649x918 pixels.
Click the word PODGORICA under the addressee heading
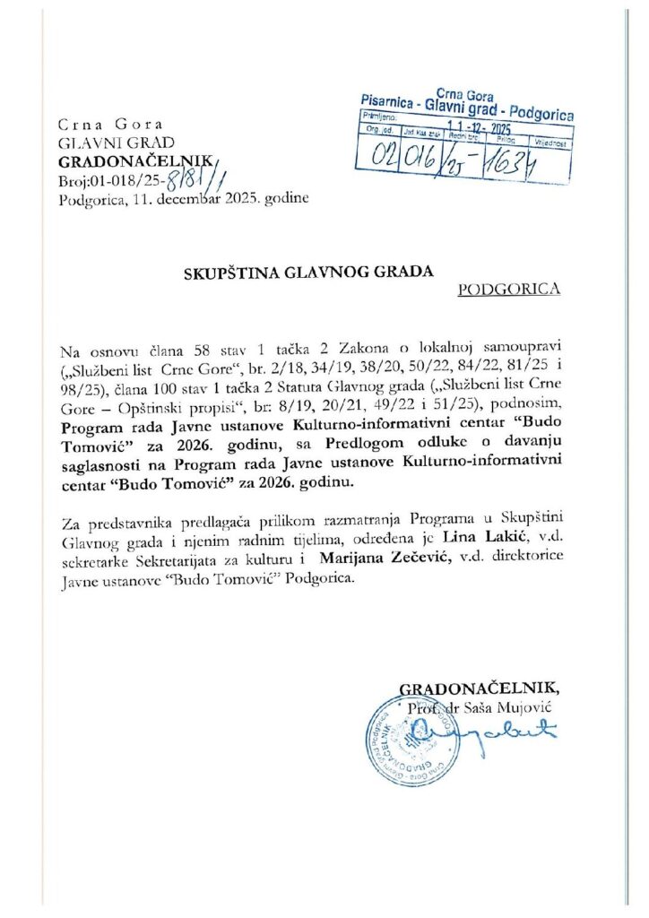click(x=508, y=289)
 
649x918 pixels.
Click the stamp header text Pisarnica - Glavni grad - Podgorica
click(x=466, y=106)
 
